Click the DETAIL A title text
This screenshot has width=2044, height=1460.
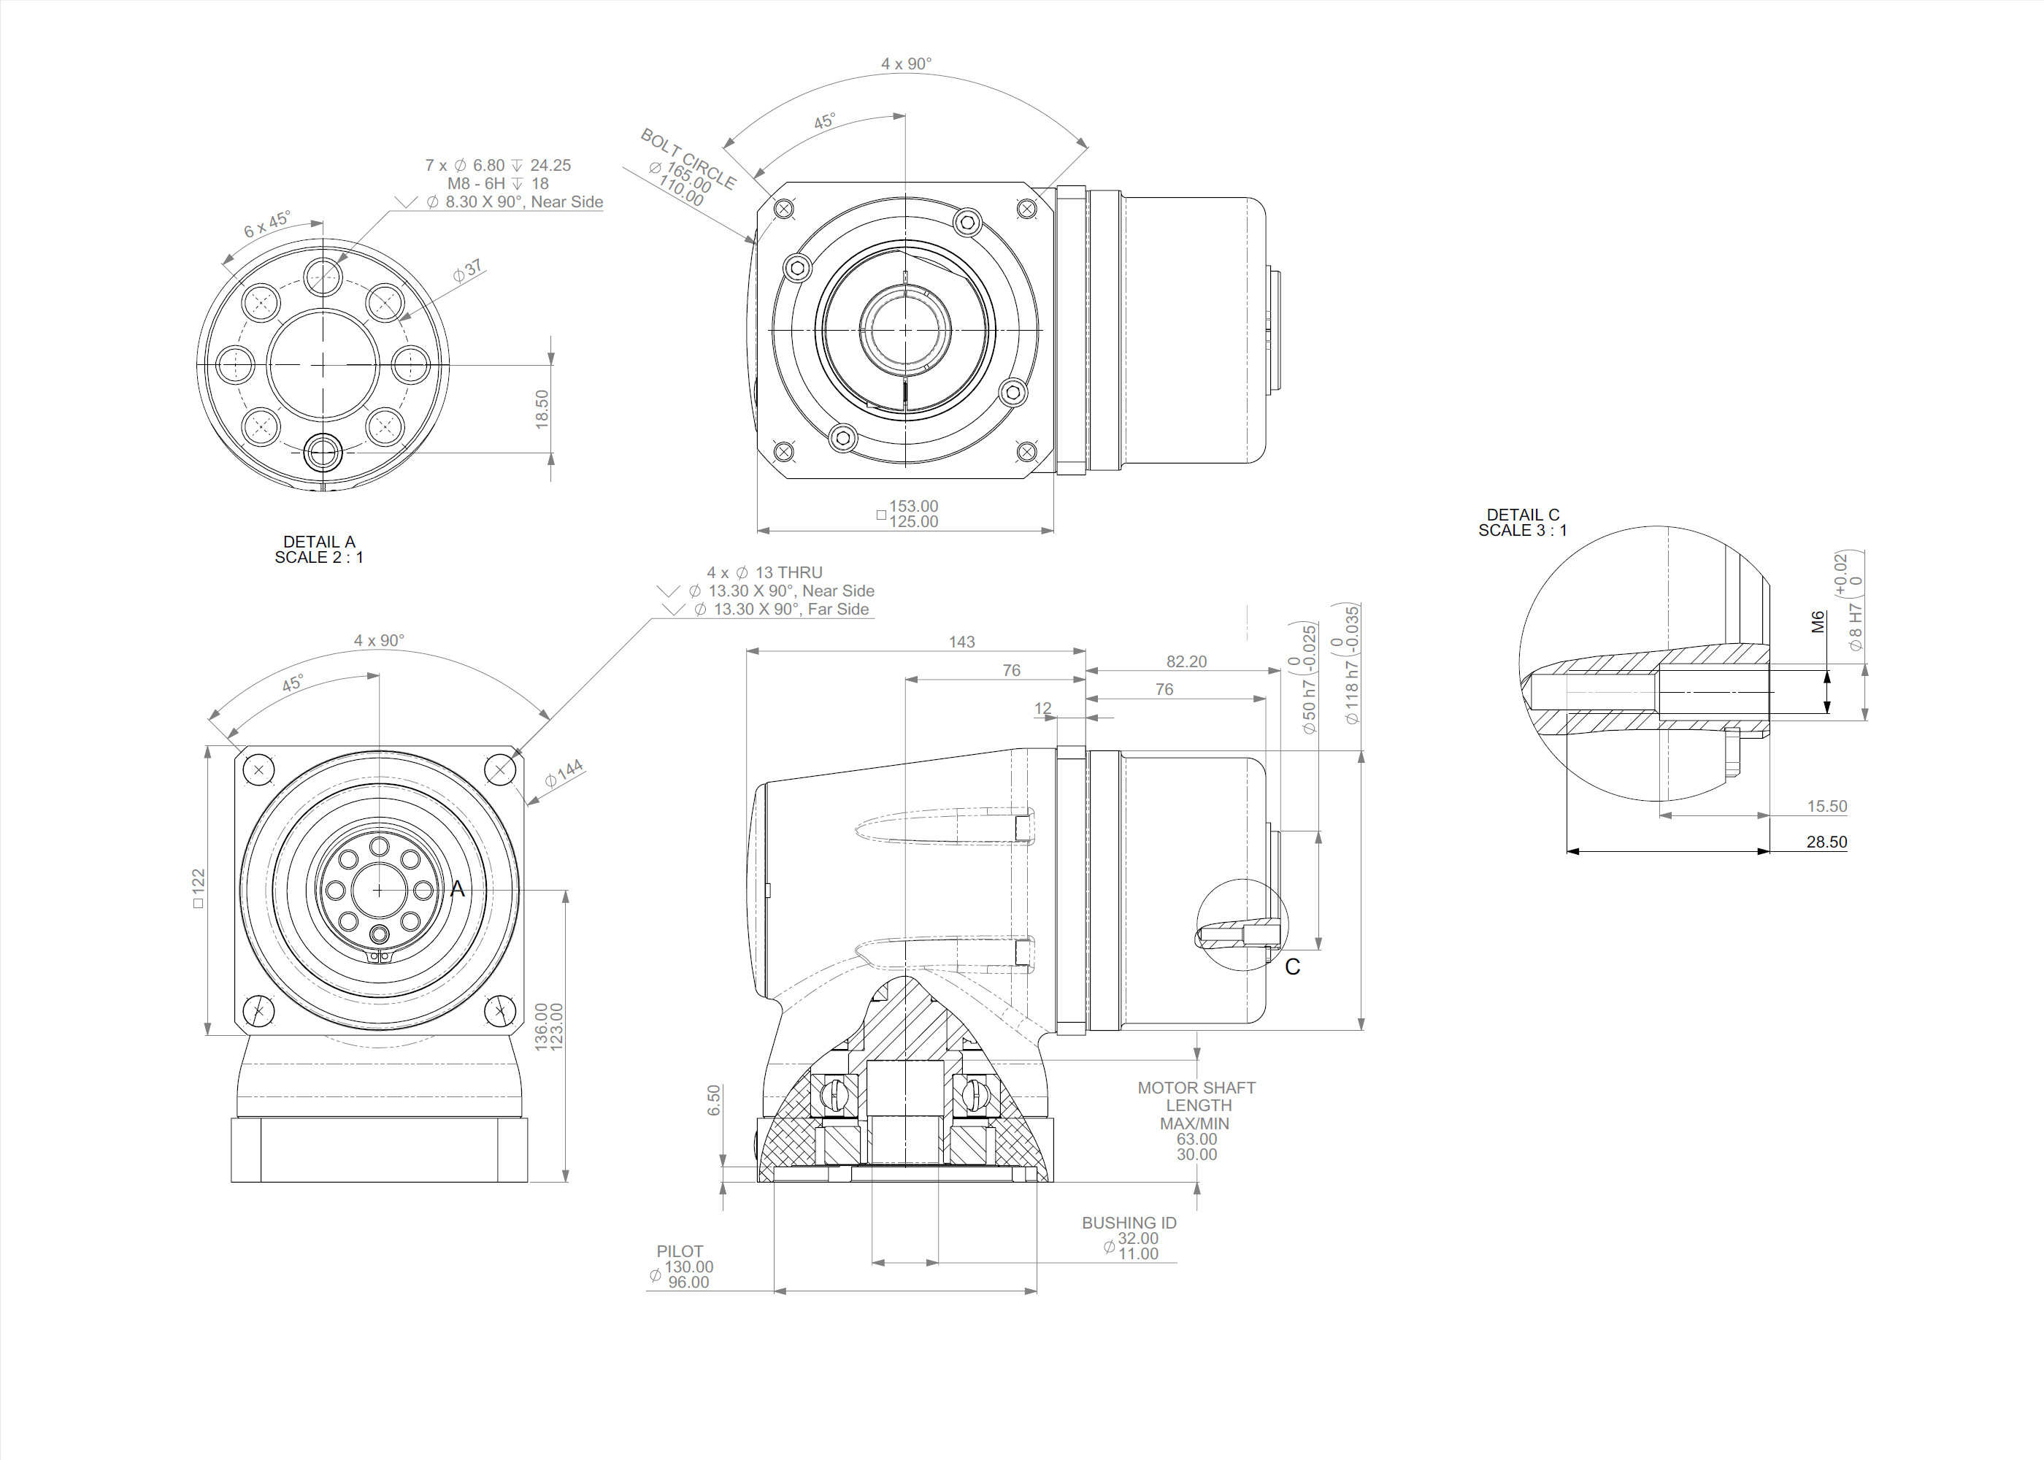click(319, 542)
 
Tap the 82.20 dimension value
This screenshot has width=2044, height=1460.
click(1186, 661)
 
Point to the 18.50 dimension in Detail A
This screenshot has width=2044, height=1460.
click(542, 409)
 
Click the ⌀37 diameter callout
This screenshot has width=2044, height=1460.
click(467, 269)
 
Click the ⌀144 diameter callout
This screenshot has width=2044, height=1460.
click(564, 773)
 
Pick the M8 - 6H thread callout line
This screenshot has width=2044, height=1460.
click(498, 183)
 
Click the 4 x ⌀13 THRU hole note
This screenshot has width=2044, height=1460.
click(764, 572)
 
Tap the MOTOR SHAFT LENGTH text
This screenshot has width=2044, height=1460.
click(1196, 1096)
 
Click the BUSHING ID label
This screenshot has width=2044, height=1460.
click(1129, 1223)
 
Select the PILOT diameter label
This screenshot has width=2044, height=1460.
click(680, 1251)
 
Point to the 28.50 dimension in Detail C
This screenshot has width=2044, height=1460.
click(1826, 842)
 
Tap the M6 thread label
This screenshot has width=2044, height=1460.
click(1818, 622)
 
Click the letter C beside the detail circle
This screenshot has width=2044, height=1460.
click(1293, 967)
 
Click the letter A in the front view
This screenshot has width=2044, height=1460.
click(458, 889)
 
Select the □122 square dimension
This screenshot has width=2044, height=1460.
click(199, 888)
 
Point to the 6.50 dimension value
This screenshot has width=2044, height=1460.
click(714, 1100)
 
